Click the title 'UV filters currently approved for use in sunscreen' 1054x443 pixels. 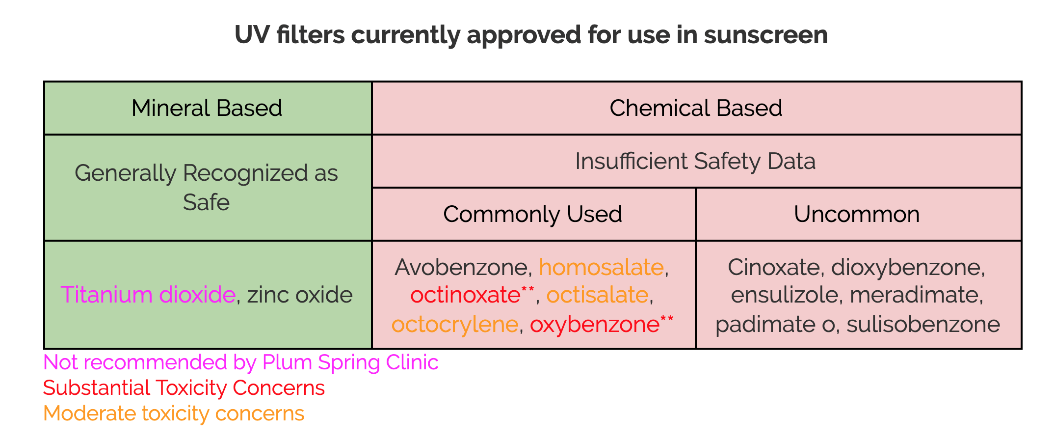click(531, 35)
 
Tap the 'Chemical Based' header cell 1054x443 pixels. click(696, 108)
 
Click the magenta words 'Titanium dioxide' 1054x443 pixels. click(148, 295)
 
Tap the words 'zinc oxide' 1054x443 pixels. click(300, 295)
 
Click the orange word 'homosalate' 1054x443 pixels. click(601, 267)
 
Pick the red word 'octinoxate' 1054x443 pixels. click(465, 295)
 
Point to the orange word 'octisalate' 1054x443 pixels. click(598, 295)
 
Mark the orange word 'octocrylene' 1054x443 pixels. click(455, 324)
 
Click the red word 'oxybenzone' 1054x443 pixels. click(595, 324)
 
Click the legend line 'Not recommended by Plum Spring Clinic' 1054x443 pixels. click(241, 362)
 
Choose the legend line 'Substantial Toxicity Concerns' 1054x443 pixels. click(184, 388)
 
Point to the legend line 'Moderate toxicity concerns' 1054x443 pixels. click(174, 414)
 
